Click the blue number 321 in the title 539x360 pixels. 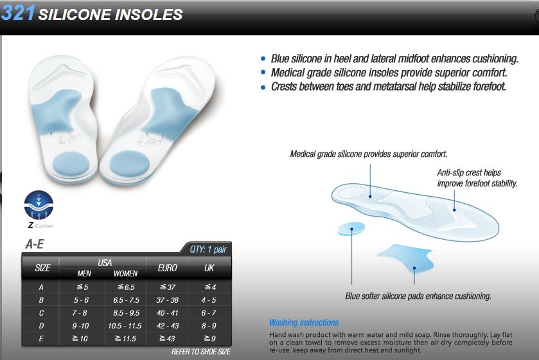(x=18, y=13)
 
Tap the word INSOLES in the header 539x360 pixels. (x=148, y=14)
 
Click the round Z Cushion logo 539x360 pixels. (x=39, y=205)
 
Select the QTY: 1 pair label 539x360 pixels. (x=208, y=249)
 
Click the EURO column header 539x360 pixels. (x=168, y=268)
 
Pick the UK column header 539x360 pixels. (x=209, y=268)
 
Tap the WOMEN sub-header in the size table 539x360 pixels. (x=125, y=273)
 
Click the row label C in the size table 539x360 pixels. (x=41, y=313)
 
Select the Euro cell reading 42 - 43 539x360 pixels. (x=168, y=326)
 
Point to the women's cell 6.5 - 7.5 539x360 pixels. (x=126, y=300)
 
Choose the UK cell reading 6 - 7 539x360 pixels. (x=209, y=313)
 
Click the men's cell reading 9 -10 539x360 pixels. (x=80, y=326)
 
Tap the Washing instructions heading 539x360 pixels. (x=304, y=323)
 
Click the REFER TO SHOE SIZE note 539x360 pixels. (x=200, y=352)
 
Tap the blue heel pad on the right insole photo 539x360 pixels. (x=129, y=164)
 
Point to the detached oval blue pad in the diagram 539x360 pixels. (x=351, y=229)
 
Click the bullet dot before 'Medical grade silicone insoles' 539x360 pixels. (x=263, y=73)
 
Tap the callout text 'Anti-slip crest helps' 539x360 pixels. (x=469, y=173)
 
